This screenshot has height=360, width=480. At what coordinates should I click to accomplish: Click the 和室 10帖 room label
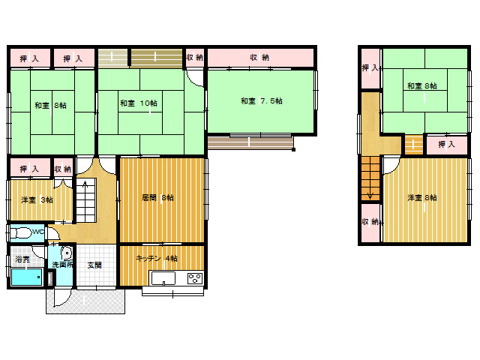click(x=139, y=103)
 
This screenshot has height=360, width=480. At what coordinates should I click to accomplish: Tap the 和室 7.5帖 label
click(x=262, y=100)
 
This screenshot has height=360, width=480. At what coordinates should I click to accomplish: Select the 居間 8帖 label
click(x=157, y=198)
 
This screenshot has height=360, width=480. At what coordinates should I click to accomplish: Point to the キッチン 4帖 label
click(x=157, y=259)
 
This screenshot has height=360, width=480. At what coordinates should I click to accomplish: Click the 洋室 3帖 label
click(x=37, y=200)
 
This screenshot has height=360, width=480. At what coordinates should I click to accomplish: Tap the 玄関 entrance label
click(x=94, y=265)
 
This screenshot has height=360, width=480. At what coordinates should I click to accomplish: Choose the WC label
click(x=38, y=232)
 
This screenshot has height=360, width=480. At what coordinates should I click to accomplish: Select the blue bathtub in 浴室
click(x=27, y=277)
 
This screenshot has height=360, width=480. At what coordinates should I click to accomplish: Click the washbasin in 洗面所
click(x=67, y=253)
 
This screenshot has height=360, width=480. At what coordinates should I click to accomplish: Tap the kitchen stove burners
click(x=195, y=278)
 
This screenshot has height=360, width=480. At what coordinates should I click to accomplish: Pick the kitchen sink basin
click(x=163, y=278)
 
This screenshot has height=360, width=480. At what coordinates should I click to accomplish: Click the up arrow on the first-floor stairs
click(x=85, y=184)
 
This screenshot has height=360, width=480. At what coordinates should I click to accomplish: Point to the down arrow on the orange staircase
click(x=370, y=195)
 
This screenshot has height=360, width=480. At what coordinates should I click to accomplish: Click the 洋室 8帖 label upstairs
click(x=421, y=198)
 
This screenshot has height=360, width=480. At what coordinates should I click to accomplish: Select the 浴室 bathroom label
click(x=22, y=259)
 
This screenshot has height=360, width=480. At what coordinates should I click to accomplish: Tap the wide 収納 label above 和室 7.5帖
click(x=259, y=57)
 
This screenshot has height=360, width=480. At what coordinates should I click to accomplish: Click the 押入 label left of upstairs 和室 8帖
click(x=370, y=68)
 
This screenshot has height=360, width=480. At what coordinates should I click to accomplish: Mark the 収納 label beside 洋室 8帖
click(x=370, y=221)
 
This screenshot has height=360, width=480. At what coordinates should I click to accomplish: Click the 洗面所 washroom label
click(x=62, y=265)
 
